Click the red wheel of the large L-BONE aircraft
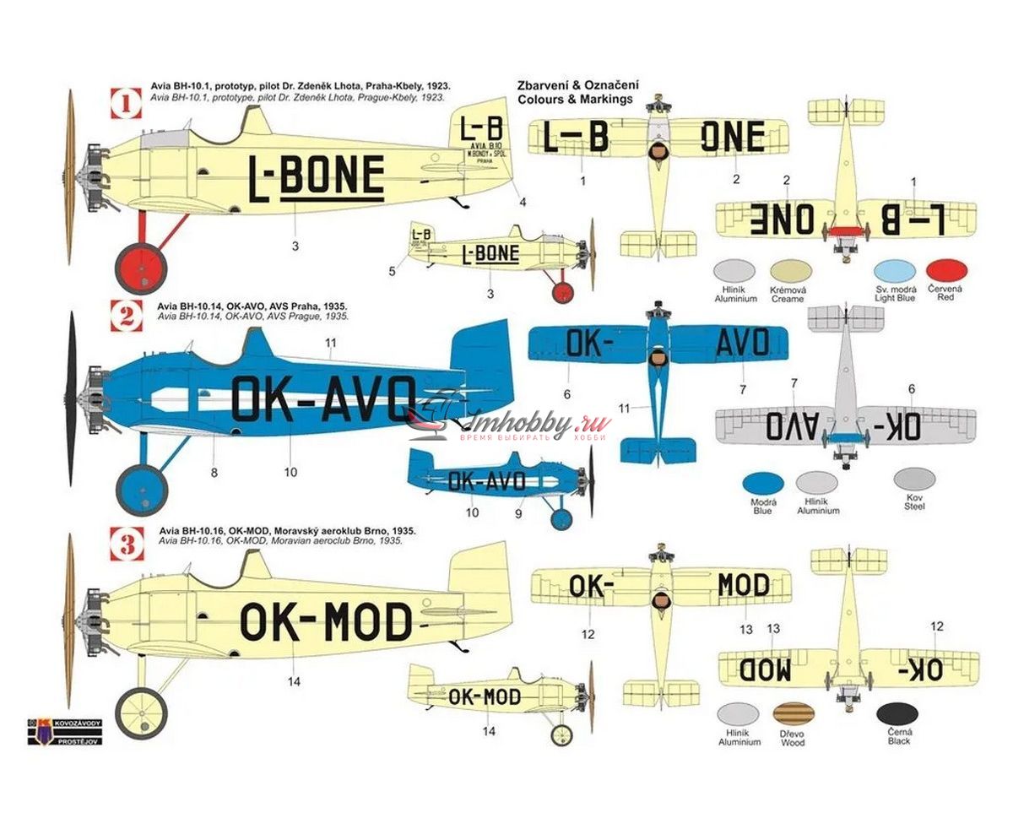click(141, 268)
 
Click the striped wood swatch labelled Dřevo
click(793, 714)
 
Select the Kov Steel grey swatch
click(914, 480)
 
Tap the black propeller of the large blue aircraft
click(72, 398)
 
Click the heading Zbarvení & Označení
click(578, 85)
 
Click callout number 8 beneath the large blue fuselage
click(214, 473)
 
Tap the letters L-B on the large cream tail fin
click(482, 129)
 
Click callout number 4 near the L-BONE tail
click(523, 203)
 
